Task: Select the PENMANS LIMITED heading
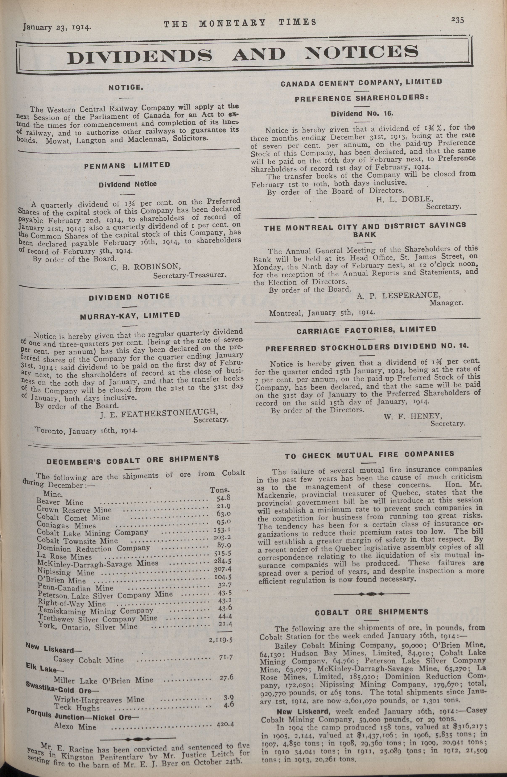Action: pos(127,165)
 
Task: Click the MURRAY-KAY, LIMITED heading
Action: pos(130,315)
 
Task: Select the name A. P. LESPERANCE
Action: pos(399,296)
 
